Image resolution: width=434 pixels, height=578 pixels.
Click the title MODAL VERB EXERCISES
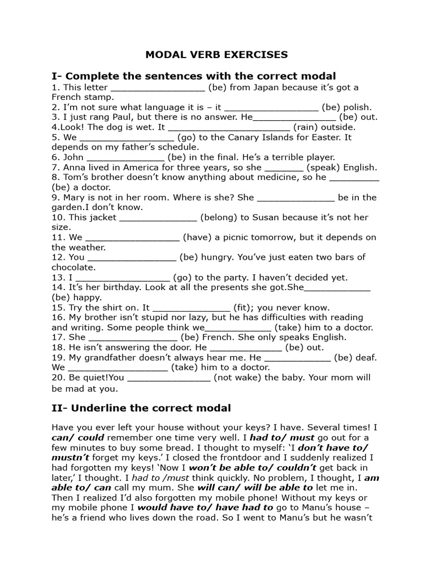click(217, 55)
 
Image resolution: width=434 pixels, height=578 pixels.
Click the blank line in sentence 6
click(125, 158)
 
